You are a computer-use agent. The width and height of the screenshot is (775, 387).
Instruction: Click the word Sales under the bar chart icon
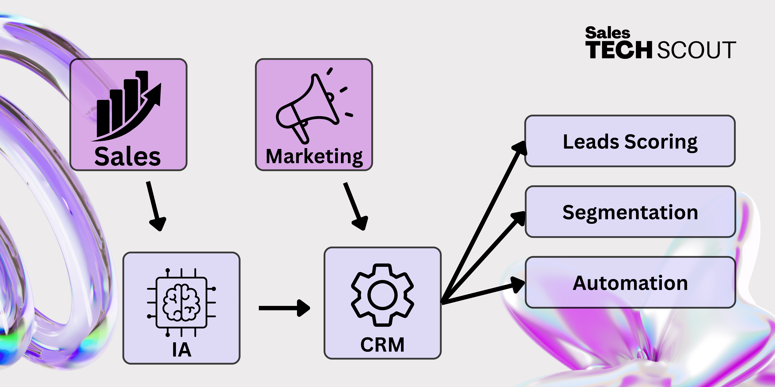click(128, 157)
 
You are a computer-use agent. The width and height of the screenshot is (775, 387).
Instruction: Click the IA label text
click(182, 350)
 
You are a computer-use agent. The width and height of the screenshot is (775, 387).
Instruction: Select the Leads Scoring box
click(630, 141)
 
